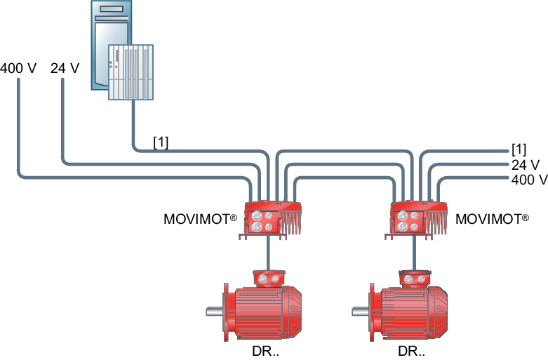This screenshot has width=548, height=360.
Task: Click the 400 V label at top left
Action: click(x=18, y=68)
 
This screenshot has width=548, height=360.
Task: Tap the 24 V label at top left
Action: click(x=65, y=68)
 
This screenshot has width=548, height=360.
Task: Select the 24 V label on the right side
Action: click(x=526, y=165)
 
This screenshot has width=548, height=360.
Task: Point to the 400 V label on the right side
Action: click(x=530, y=180)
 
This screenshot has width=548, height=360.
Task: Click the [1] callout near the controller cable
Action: click(x=161, y=142)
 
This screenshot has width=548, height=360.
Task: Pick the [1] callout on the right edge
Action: click(x=519, y=149)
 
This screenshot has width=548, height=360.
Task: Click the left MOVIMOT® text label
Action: click(x=200, y=219)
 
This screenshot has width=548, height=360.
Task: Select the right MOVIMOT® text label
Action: click(x=492, y=219)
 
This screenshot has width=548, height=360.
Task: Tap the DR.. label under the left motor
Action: click(x=266, y=351)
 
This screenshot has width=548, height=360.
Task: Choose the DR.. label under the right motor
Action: click(x=411, y=351)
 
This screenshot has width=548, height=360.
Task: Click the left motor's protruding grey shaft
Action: click(x=215, y=311)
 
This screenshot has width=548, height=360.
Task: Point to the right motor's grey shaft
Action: click(x=361, y=311)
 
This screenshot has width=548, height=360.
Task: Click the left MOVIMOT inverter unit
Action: click(x=270, y=220)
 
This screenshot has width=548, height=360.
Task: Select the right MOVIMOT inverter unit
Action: click(x=416, y=220)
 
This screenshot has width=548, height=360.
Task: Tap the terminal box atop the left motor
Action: click(x=269, y=278)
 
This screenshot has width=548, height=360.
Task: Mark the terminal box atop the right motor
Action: click(x=415, y=278)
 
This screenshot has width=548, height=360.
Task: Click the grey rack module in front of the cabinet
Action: click(x=131, y=72)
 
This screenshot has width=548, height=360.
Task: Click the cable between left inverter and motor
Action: click(x=268, y=254)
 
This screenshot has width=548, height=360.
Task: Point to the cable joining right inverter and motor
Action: click(x=414, y=254)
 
